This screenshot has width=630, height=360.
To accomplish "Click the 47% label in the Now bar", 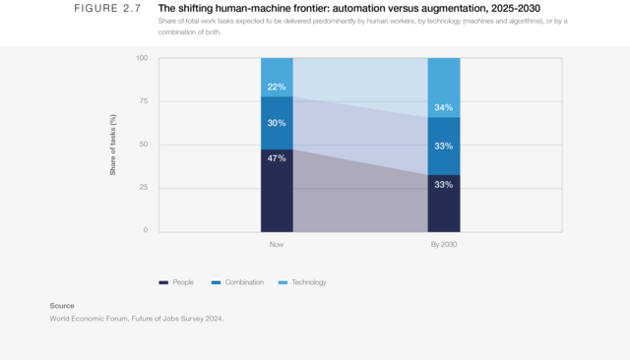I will point(277,158).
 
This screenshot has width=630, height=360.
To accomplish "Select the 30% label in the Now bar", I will point(277,123).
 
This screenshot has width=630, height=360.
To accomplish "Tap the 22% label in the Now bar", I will point(277,88).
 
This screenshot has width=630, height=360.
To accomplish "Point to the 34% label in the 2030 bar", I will point(444,108).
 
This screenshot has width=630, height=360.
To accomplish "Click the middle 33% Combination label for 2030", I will point(444,147).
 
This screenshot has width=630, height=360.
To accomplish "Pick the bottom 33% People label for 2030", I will point(444,184).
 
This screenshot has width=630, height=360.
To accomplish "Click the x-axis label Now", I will point(277,245).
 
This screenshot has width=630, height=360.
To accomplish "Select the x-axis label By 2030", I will point(444,245).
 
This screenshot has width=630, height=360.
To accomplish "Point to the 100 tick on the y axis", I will point(142,59).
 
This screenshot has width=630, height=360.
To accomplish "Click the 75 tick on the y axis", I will point(143,101).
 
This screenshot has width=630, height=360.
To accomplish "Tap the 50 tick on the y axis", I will point(143,145).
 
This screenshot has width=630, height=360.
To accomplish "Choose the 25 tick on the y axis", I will point(143,188).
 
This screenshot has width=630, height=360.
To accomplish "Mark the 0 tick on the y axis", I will point(145,230).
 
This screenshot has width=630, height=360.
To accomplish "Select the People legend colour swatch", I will point(163,282).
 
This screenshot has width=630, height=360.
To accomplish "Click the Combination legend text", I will point(243,282).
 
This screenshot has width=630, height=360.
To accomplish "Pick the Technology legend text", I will point(308,282).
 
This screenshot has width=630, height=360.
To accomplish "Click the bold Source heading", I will point(62,306).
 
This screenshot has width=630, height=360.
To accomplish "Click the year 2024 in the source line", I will point(214,318).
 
